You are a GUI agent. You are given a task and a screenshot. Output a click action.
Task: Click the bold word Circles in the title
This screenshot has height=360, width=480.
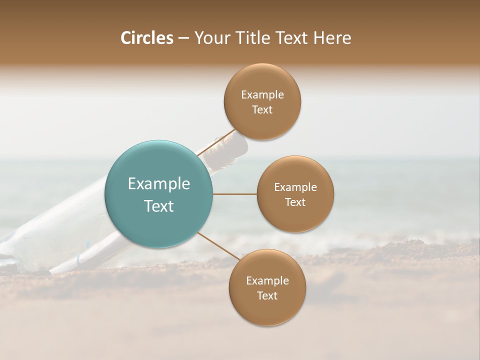pyautogui.click(x=146, y=38)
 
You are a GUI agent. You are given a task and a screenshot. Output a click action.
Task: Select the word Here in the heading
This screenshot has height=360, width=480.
pyautogui.click(x=332, y=38)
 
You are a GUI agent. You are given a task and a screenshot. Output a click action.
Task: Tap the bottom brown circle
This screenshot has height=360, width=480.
pyautogui.click(x=267, y=310)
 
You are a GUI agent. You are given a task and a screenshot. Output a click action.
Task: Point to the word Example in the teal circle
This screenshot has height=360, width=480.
pyautogui.click(x=158, y=184)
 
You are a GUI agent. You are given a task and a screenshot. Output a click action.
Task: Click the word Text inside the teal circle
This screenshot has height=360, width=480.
pyautogui.click(x=158, y=206)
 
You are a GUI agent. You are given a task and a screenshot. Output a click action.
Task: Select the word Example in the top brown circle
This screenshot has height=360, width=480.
pyautogui.click(x=262, y=95)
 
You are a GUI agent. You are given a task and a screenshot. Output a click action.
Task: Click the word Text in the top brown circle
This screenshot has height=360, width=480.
pyautogui.click(x=262, y=110)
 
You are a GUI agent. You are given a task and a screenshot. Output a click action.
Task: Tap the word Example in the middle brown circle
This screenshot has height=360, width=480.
pyautogui.click(x=295, y=187)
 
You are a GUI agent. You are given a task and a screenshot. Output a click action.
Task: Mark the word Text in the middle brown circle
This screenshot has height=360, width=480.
pyautogui.click(x=295, y=202)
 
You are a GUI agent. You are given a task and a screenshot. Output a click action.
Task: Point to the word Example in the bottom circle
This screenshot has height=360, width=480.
pyautogui.click(x=267, y=281)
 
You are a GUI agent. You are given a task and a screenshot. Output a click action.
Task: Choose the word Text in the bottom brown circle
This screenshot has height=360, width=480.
pyautogui.click(x=267, y=296)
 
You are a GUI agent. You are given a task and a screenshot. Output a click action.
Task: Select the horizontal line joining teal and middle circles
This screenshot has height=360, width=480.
pyautogui.click(x=234, y=194)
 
